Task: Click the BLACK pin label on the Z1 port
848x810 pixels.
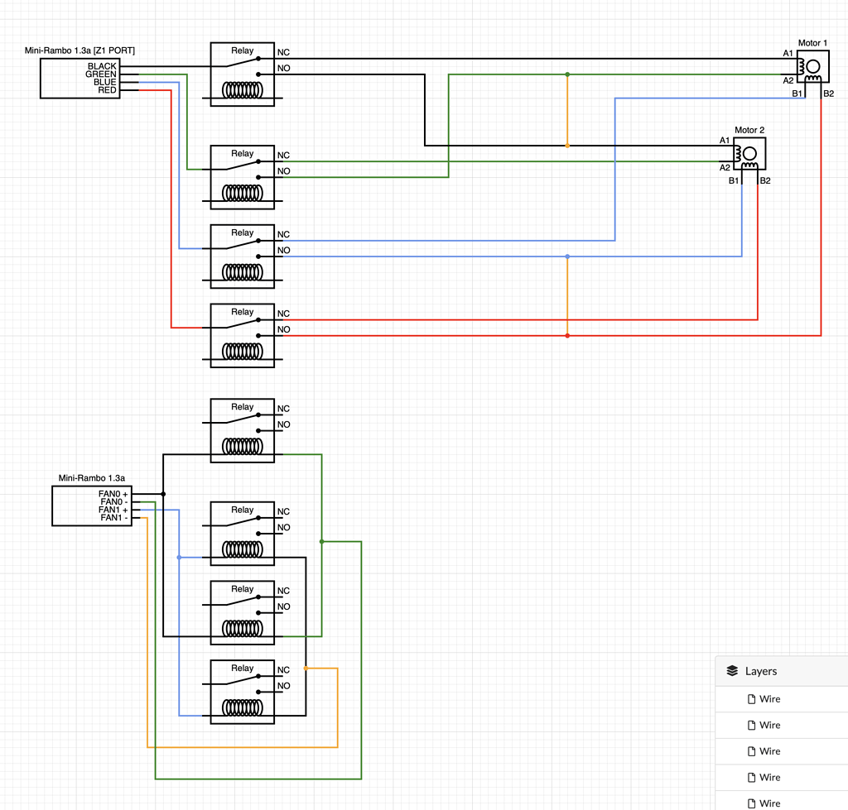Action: (x=102, y=66)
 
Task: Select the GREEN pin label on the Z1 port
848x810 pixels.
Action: (x=100, y=74)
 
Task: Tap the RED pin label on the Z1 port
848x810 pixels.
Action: (x=107, y=90)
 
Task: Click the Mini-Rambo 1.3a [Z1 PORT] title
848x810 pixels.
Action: (x=80, y=51)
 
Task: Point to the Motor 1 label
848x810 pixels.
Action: (x=812, y=43)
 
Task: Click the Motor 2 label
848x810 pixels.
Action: (x=749, y=130)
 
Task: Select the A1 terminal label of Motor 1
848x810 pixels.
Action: (x=788, y=54)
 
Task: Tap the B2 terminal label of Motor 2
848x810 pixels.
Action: (x=765, y=180)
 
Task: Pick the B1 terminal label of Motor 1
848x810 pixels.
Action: (x=797, y=93)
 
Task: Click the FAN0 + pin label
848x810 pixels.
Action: (x=113, y=494)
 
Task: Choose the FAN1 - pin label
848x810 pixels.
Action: (x=113, y=518)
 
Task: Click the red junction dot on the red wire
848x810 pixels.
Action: (x=567, y=336)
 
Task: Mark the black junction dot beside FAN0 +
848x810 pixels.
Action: (x=163, y=494)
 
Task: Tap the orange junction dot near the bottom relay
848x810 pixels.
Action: (x=306, y=668)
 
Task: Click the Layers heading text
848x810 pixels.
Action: (x=761, y=671)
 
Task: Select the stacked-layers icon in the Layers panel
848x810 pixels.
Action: (x=732, y=671)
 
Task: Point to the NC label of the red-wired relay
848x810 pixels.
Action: (x=283, y=314)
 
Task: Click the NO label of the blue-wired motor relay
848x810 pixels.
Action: (x=283, y=251)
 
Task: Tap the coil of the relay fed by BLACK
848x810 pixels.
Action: (x=242, y=90)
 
